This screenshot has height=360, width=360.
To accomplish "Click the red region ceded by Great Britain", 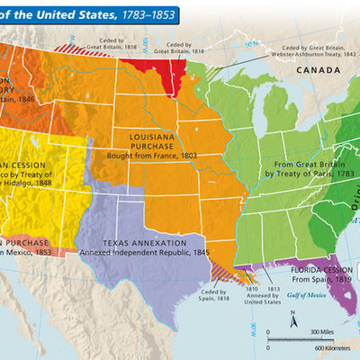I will [x=170, y=65].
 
